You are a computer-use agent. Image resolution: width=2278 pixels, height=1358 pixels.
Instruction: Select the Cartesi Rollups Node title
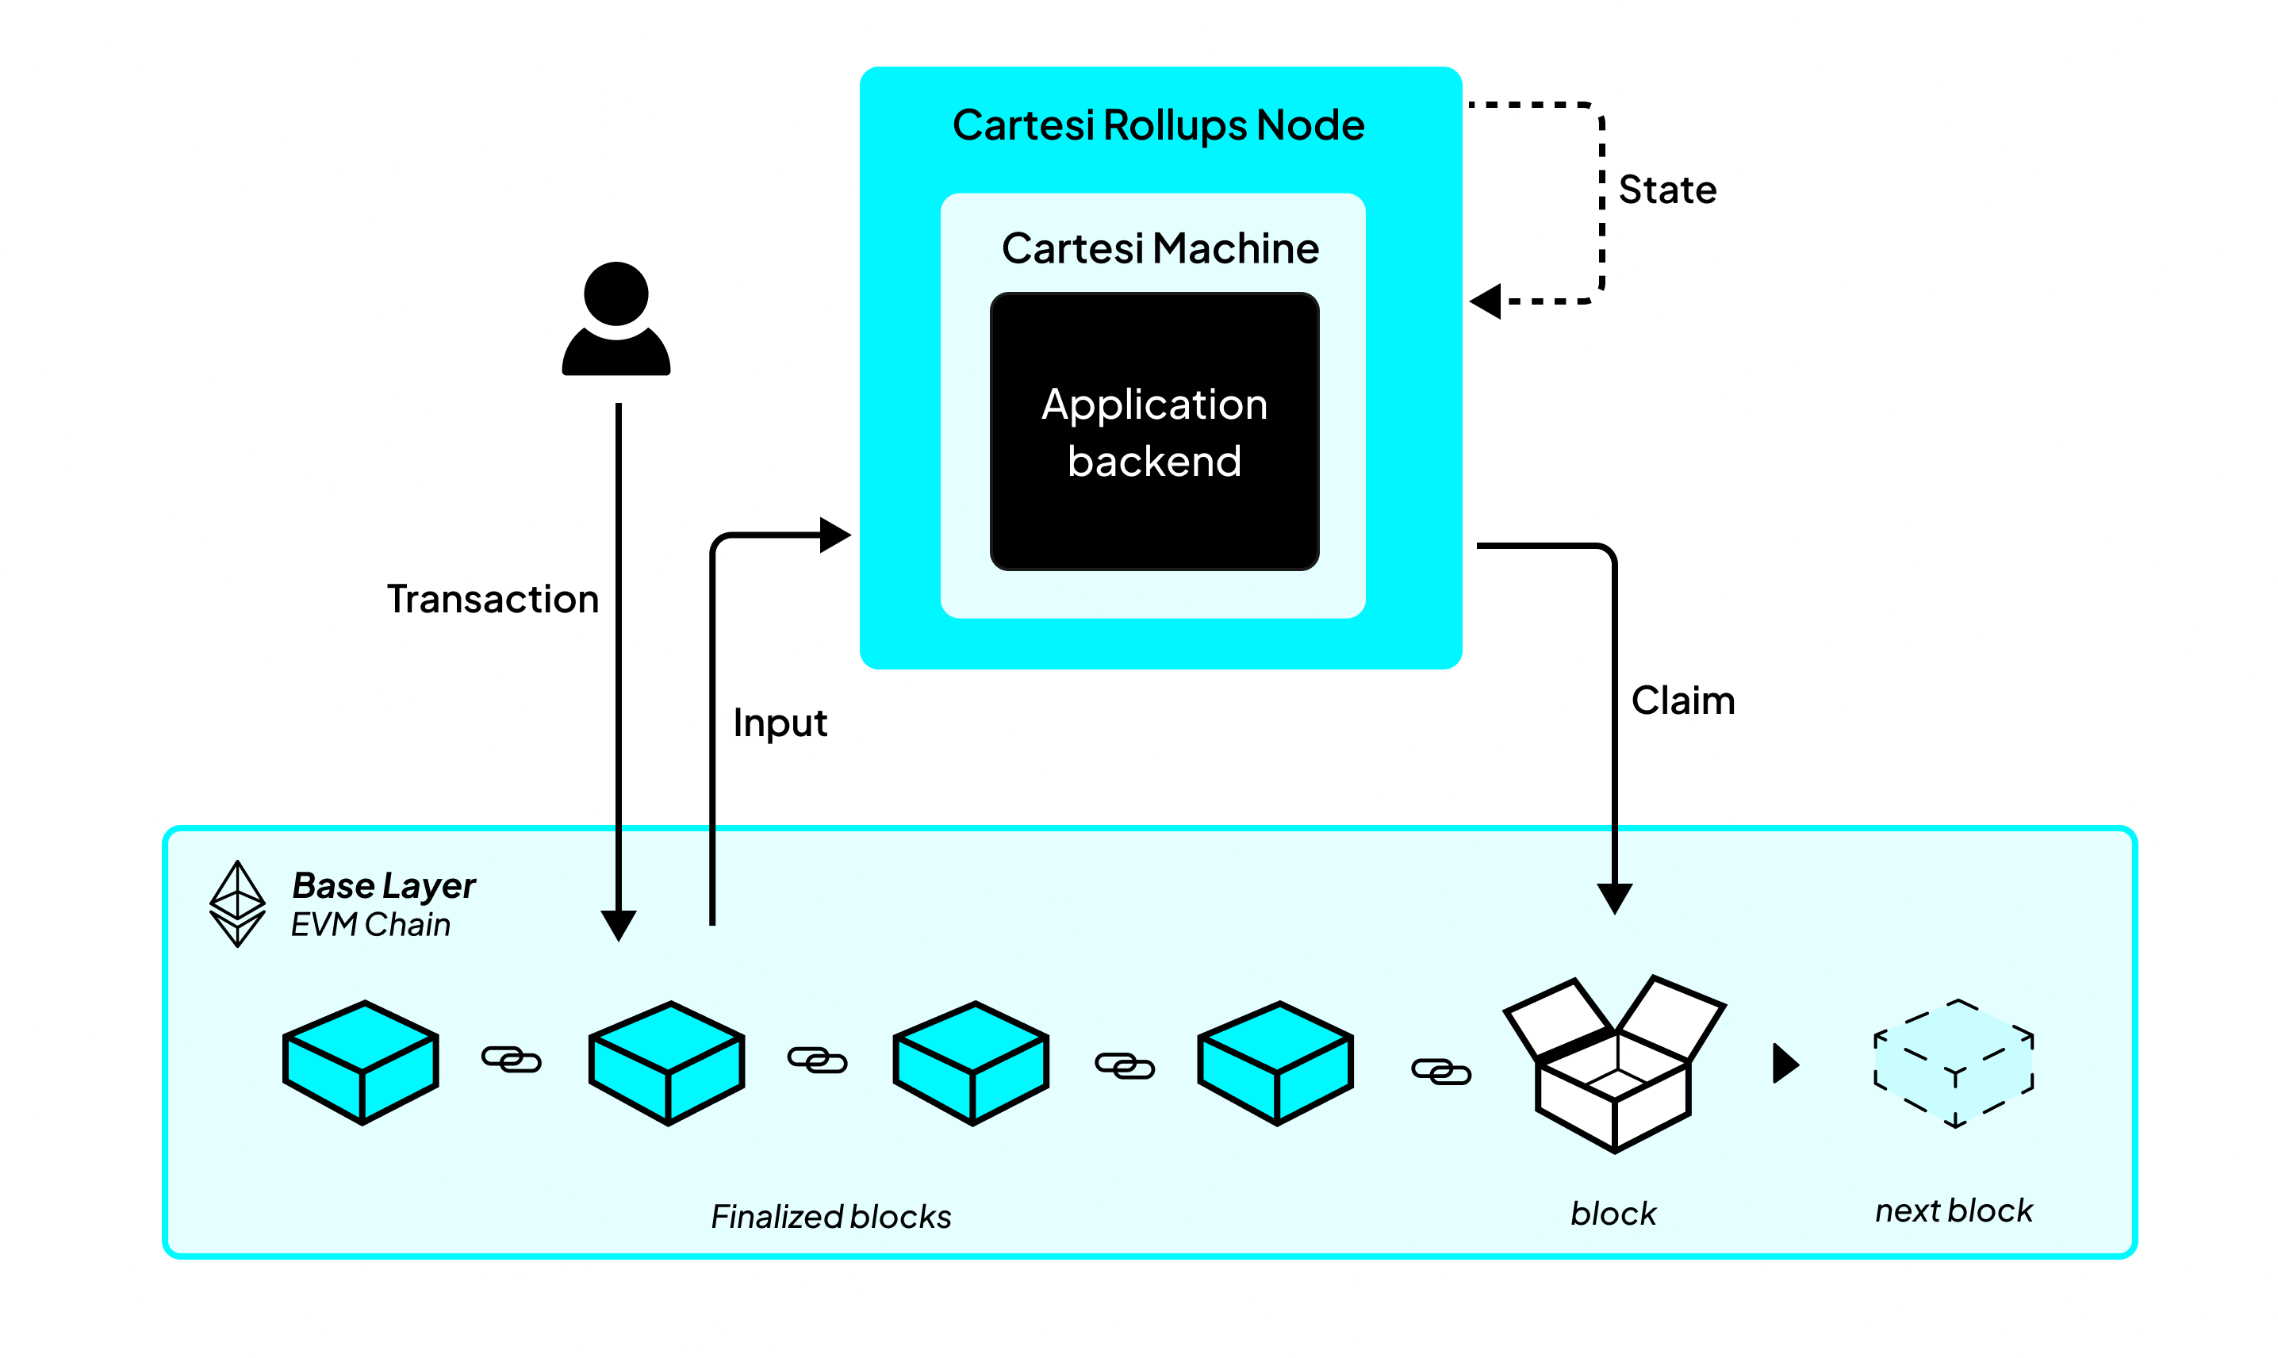click(x=1158, y=125)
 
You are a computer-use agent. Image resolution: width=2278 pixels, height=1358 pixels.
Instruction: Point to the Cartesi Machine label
click(x=1160, y=249)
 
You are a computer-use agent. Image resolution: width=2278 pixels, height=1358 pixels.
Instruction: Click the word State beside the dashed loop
click(x=1667, y=190)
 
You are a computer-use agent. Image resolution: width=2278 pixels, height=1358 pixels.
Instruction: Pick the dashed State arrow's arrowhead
click(x=1486, y=301)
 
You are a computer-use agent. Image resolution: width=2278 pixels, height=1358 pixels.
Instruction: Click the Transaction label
click(x=493, y=600)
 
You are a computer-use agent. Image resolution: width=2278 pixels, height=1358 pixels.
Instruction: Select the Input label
click(x=780, y=723)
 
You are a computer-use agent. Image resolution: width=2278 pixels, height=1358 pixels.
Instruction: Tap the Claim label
click(x=1682, y=701)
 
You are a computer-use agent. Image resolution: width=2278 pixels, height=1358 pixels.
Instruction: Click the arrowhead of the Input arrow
click(x=834, y=535)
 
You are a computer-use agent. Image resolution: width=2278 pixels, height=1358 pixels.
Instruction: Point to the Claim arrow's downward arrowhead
click(x=1615, y=898)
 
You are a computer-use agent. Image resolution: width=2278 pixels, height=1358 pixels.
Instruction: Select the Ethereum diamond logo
click(x=237, y=903)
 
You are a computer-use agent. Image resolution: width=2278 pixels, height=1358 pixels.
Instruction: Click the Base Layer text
click(x=383, y=885)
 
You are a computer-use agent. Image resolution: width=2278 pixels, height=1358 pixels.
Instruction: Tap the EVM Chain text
click(x=370, y=925)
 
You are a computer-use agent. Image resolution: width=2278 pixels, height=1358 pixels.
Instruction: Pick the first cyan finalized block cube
click(x=362, y=1062)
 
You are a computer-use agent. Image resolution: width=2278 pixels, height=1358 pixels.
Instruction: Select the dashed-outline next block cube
click(x=1954, y=1064)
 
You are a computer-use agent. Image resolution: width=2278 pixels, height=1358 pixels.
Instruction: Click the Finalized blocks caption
click(x=830, y=1217)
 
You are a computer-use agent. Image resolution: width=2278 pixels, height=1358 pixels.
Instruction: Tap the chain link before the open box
click(x=1441, y=1071)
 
